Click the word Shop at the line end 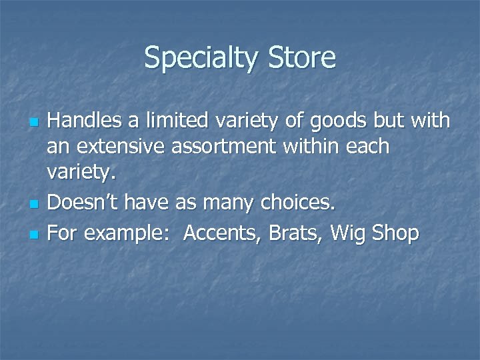pyautogui.click(x=395, y=234)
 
